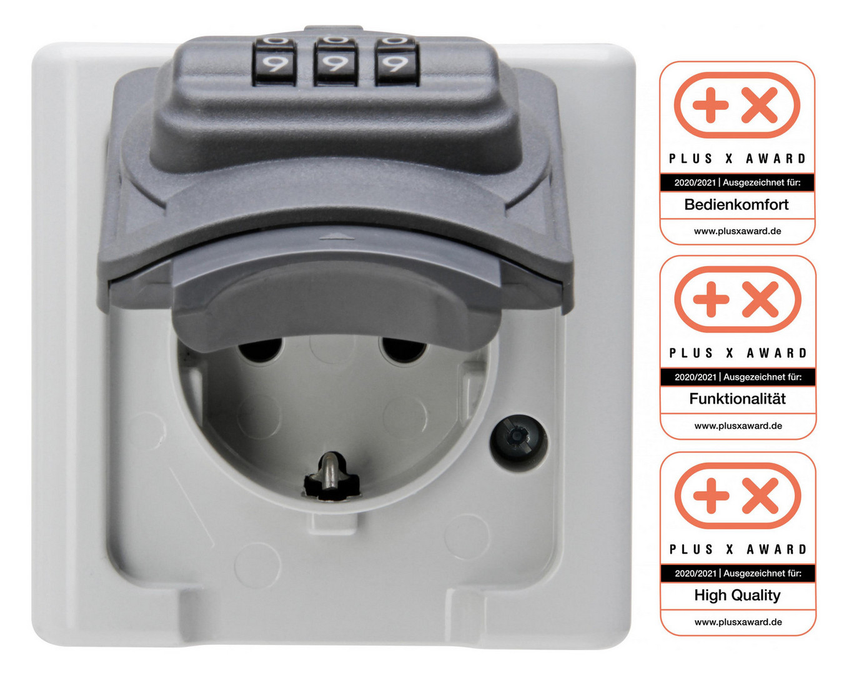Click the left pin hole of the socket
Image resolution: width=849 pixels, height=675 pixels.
(x=261, y=349)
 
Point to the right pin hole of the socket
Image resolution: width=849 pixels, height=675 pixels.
(x=403, y=349)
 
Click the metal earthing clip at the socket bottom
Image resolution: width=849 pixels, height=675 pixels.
(x=330, y=476)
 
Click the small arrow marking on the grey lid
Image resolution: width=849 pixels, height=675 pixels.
(x=332, y=236)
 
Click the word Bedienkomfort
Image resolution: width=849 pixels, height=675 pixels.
(x=736, y=204)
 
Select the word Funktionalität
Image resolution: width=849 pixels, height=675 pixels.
(x=737, y=399)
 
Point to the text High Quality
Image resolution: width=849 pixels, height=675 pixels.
(x=737, y=595)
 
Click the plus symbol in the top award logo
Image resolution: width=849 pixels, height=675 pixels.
(x=710, y=105)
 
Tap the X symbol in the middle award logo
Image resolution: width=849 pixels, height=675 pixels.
(x=760, y=299)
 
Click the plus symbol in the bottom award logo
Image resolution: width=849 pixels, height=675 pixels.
(x=711, y=496)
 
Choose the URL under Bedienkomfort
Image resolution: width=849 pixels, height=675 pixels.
(x=737, y=231)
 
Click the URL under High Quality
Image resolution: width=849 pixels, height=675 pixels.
(x=738, y=622)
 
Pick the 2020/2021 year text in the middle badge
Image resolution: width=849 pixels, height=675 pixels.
(x=695, y=377)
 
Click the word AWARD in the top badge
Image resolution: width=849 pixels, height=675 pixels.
(x=776, y=159)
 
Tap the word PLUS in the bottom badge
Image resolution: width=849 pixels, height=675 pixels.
(x=691, y=549)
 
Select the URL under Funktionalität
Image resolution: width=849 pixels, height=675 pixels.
(x=738, y=426)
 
